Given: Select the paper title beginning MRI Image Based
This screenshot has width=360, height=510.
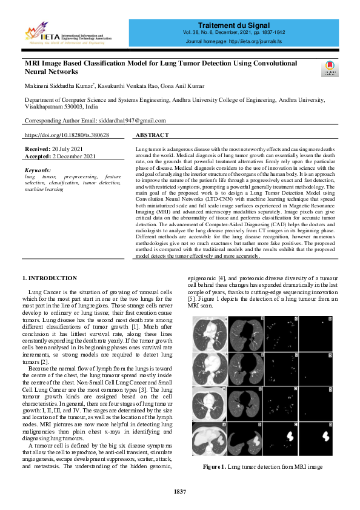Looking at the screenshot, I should tap(161, 67).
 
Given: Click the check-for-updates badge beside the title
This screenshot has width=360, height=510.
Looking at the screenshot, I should tap(330, 69).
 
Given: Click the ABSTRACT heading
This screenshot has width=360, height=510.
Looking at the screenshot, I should tap(152, 135).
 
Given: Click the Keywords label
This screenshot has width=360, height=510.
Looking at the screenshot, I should tap(38, 170).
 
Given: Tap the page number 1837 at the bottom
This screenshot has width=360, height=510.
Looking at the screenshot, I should tap(179, 491).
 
